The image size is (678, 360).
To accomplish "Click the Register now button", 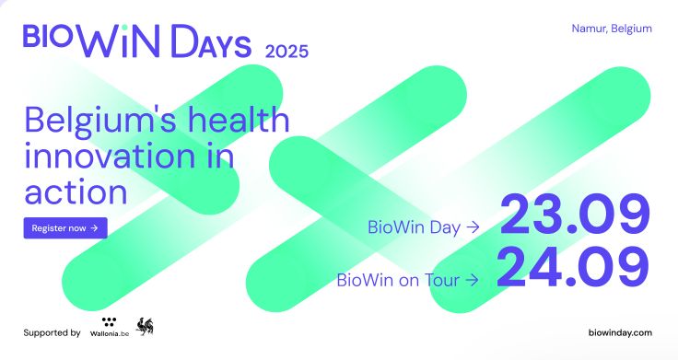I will click(65, 227).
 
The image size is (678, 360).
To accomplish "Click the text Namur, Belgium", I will click(612, 29).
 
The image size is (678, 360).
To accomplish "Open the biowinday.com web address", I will click(619, 332).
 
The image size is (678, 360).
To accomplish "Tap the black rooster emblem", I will click(145, 326).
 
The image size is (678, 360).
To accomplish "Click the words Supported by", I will click(52, 332).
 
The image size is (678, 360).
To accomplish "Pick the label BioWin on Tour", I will click(399, 278).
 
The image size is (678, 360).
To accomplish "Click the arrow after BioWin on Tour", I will click(472, 278).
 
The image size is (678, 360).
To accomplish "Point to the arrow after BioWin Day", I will click(472, 226).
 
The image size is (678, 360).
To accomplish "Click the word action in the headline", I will click(76, 192).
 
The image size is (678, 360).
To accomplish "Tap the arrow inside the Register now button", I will click(95, 227).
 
